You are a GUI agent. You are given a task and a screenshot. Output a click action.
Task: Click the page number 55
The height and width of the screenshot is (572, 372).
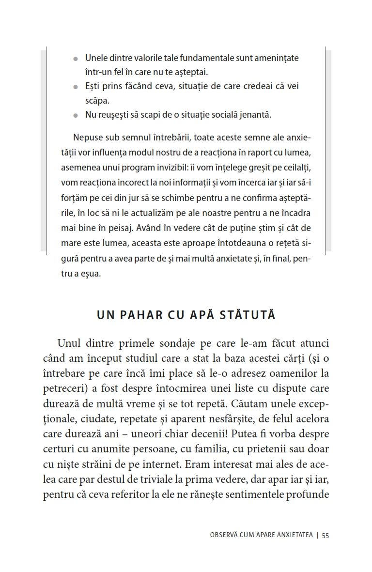click(325, 535)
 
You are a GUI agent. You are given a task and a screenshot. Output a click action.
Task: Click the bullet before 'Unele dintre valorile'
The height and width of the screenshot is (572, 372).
click(75, 59)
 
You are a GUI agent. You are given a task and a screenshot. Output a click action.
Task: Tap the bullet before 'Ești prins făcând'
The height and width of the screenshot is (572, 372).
click(75, 87)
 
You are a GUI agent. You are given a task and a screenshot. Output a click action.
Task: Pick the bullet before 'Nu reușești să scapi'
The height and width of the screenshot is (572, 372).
click(75, 116)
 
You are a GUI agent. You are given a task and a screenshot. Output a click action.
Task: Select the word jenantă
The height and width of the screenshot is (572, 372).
click(254, 115)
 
